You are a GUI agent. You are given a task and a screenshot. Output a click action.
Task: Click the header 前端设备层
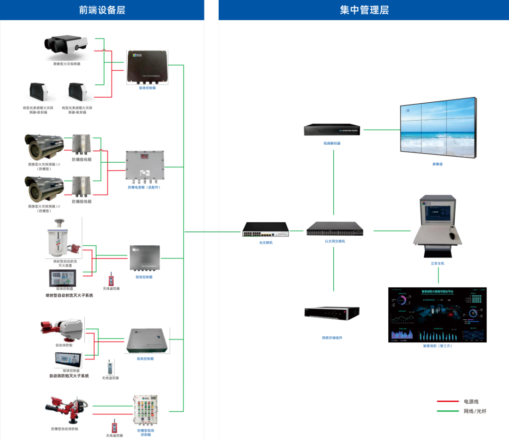(102, 10)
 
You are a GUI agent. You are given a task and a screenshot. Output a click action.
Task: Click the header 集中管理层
(364, 10)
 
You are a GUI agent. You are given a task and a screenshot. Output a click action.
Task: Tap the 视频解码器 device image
(332, 130)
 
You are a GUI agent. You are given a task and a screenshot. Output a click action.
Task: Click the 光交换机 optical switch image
(265, 230)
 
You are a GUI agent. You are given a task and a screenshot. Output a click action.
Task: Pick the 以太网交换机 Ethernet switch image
(335, 230)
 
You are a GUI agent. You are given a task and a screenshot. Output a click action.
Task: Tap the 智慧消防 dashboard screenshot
(437, 315)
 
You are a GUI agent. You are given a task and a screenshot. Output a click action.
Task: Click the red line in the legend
(447, 402)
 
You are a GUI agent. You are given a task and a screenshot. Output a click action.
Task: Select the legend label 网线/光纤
(475, 411)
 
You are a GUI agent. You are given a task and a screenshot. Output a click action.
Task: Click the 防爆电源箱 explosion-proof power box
(144, 166)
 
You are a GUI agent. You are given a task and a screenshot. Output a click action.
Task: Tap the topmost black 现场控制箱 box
(147, 66)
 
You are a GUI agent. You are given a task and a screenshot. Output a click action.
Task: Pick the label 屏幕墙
(437, 165)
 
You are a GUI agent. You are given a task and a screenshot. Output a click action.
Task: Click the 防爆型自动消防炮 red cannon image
(66, 408)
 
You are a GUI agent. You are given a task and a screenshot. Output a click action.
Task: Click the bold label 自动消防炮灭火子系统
(69, 376)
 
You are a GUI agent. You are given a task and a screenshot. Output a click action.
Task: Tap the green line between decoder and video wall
(381, 129)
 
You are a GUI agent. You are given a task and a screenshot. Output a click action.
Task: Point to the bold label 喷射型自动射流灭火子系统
(69, 295)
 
